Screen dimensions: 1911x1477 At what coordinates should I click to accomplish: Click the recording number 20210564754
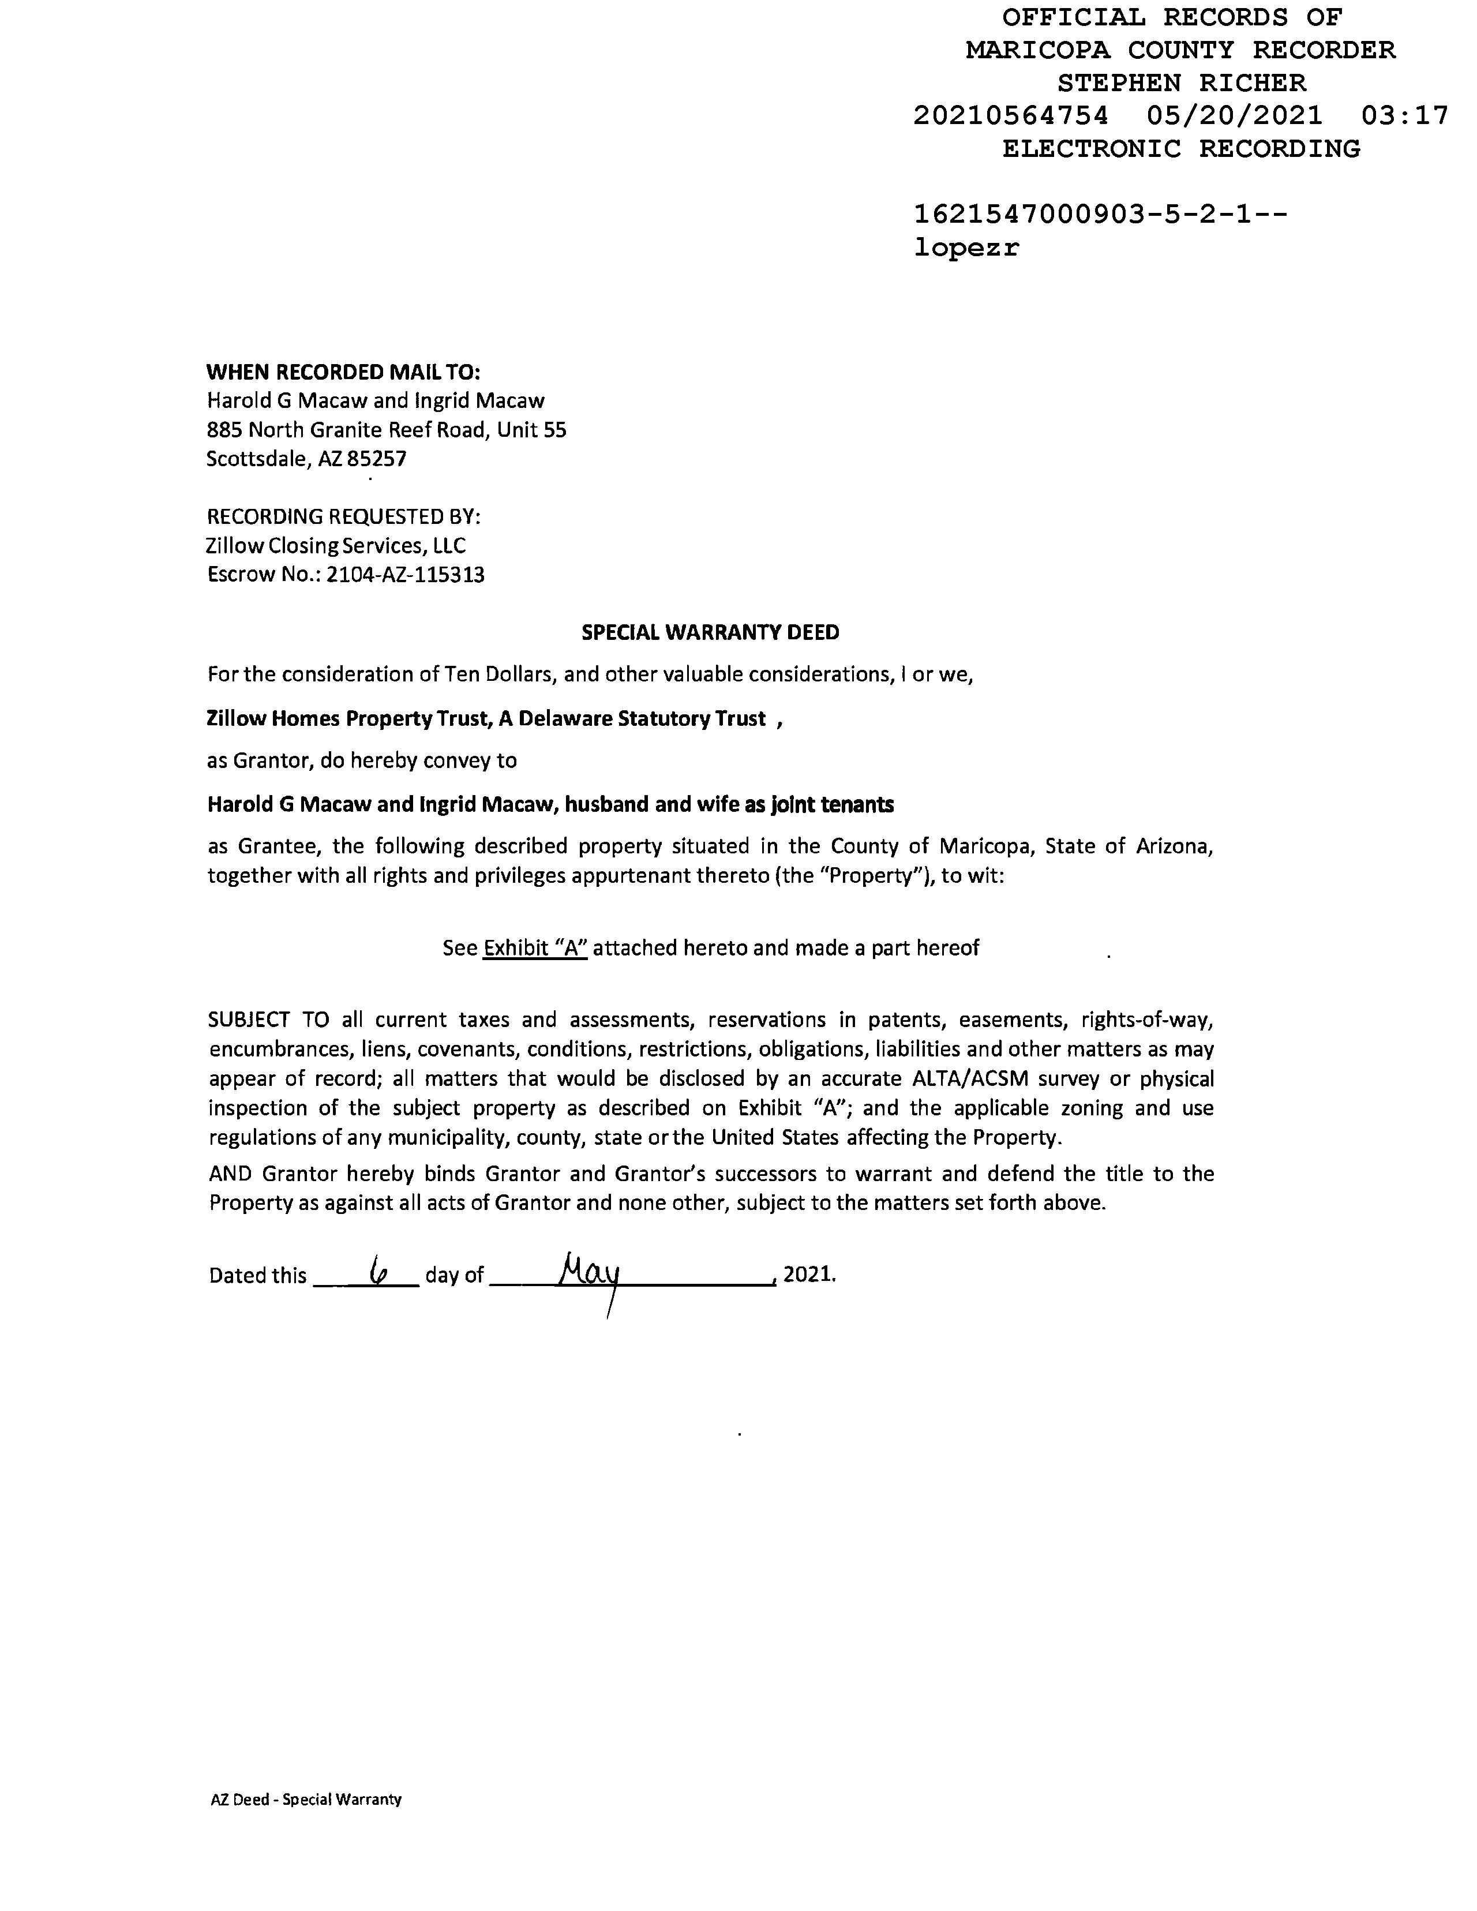pos(1011,115)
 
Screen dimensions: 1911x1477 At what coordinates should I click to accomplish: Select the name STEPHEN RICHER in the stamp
pos(1181,83)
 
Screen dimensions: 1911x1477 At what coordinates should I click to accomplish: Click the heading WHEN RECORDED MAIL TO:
pos(343,372)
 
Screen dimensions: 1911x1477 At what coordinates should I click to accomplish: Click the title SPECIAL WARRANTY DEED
pos(710,632)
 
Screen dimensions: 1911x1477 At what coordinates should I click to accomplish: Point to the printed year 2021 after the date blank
pos(808,1275)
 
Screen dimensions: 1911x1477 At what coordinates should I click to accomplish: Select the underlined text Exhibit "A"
pos(535,947)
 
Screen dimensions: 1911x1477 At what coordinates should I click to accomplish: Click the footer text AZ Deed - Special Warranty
pos(305,1800)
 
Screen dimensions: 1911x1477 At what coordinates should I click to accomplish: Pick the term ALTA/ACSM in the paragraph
pos(964,1079)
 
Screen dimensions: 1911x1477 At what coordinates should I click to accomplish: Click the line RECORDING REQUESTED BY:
pos(343,517)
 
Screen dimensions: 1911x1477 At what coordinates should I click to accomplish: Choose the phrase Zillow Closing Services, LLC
pos(336,546)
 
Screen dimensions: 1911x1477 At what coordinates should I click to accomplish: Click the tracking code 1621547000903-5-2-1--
pos(1100,215)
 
